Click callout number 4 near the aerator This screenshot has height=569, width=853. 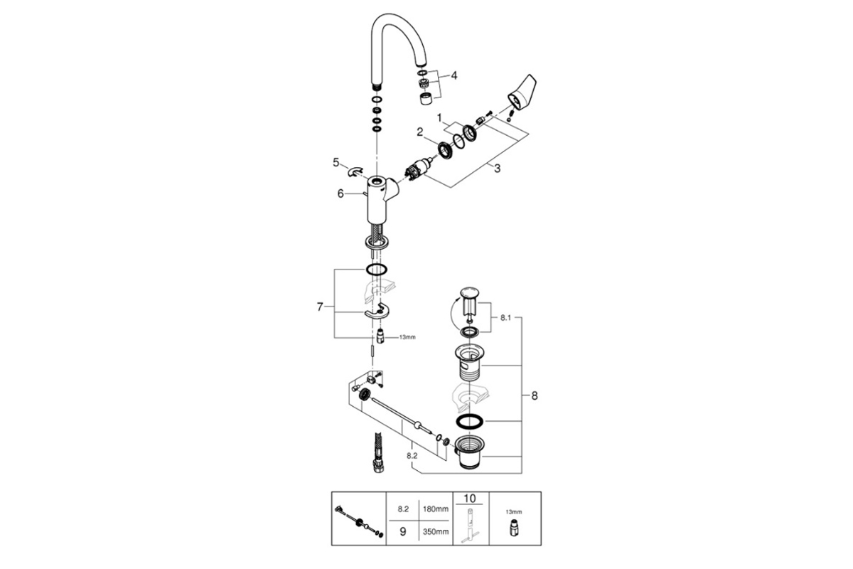454,75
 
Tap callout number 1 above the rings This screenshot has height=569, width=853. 439,118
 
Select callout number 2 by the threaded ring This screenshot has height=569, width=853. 419,132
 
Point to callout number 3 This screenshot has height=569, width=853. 498,168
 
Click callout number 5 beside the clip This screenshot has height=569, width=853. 336,162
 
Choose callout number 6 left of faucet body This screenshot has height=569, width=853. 340,193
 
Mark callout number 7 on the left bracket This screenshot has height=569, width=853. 320,307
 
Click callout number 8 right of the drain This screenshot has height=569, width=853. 535,395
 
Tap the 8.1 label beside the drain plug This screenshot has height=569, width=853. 505,318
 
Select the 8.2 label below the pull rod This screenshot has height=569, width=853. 412,455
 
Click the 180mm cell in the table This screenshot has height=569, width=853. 436,509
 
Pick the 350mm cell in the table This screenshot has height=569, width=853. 436,531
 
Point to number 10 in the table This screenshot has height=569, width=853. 470,498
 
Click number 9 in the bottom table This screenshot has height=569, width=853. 403,531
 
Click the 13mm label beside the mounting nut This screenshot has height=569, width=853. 407,337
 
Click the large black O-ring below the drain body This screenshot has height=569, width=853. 470,422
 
